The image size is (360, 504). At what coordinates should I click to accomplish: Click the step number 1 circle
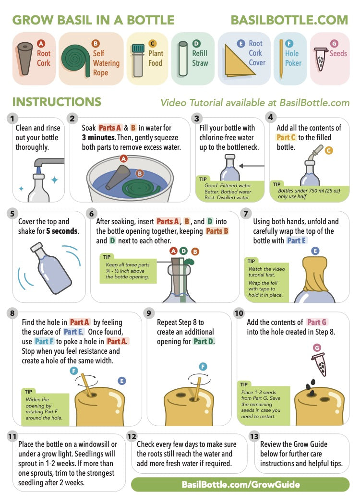(13, 118)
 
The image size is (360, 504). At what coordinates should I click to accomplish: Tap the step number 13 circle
(254, 436)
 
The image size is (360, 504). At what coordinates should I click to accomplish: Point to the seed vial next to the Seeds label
(320, 58)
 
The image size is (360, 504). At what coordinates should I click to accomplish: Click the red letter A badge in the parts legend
(41, 44)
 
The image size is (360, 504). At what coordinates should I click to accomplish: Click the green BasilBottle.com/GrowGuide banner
(240, 484)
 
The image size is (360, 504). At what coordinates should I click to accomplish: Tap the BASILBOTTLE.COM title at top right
(289, 20)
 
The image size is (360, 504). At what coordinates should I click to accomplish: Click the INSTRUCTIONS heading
(57, 102)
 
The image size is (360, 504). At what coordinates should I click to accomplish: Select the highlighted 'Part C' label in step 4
(286, 137)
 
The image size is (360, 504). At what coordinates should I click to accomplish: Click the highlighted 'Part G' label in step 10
(317, 322)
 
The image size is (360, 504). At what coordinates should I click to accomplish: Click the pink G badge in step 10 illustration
(316, 348)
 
